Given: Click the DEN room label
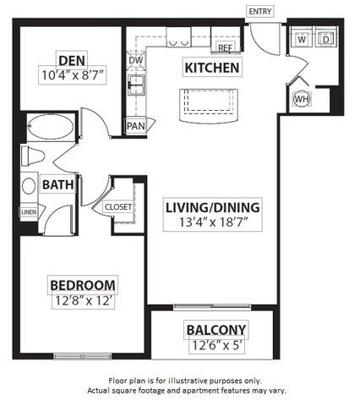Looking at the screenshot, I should [69, 59].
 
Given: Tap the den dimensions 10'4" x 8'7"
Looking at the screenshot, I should [73, 74].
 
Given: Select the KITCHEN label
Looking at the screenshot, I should [212, 68].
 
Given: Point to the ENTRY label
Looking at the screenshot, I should [259, 10].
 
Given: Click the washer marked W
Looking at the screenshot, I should [302, 39].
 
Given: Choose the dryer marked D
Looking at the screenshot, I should [326, 39].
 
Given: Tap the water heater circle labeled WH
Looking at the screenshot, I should [302, 99].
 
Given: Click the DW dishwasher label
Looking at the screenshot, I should [135, 61].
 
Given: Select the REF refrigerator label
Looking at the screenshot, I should [225, 49].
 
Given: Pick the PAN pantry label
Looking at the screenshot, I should [135, 126].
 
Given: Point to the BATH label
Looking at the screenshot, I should [57, 184].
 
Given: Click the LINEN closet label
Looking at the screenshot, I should [29, 212].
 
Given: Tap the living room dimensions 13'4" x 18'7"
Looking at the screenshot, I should [212, 223].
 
